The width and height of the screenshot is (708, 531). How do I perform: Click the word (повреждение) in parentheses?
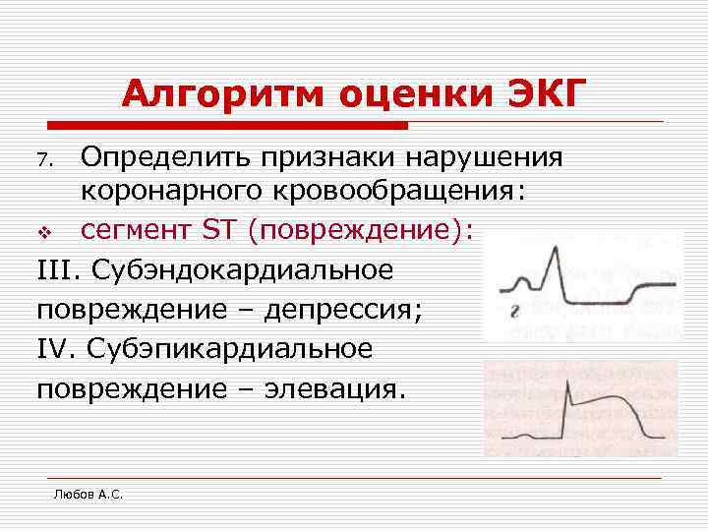point(360,230)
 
